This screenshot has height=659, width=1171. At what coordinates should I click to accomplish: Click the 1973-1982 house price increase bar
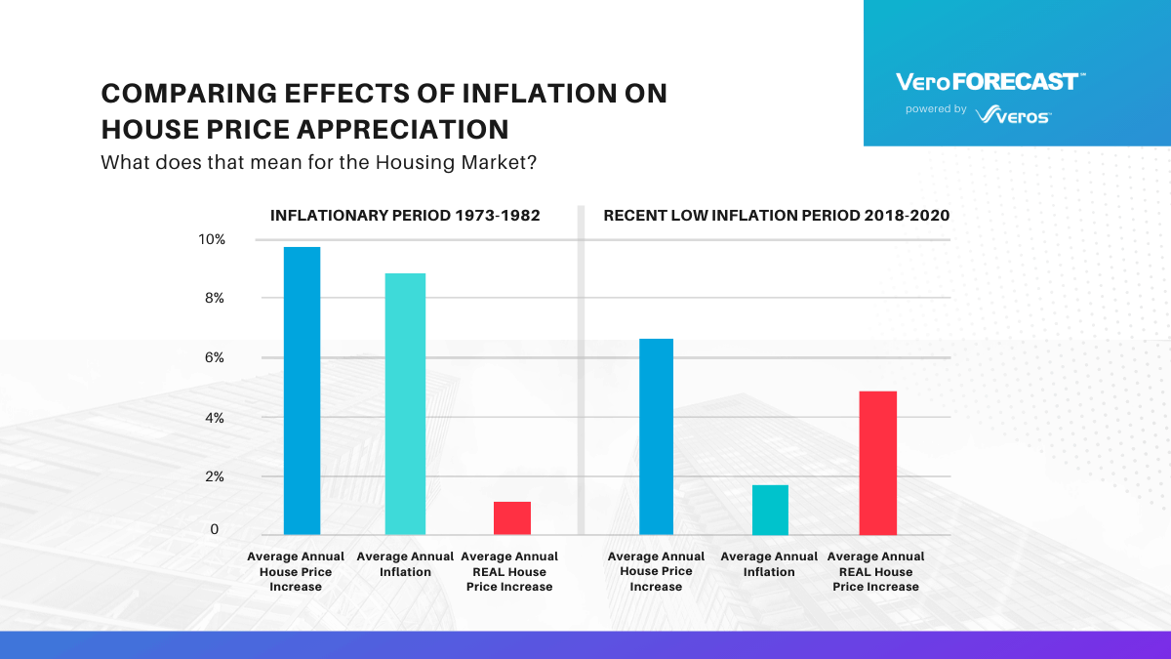click(x=302, y=391)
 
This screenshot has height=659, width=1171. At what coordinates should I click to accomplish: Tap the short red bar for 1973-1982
click(x=511, y=517)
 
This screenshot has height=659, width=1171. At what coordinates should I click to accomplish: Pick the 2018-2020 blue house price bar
click(x=655, y=436)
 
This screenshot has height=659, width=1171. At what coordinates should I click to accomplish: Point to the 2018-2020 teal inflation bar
click(x=769, y=510)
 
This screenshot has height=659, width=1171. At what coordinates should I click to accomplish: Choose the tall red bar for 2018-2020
click(x=877, y=463)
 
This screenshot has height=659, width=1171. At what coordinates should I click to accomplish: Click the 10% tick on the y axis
click(x=212, y=239)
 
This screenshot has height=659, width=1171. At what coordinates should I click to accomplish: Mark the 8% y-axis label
click(x=214, y=299)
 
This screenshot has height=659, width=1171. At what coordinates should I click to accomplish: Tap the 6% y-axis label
click(x=214, y=358)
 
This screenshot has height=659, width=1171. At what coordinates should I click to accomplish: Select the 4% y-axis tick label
click(x=214, y=418)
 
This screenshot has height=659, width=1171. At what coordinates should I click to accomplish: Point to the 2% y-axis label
click(x=214, y=477)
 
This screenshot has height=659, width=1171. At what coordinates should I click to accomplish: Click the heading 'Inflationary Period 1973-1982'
click(x=405, y=215)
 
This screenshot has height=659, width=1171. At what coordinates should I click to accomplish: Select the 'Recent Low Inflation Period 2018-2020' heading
click(x=776, y=215)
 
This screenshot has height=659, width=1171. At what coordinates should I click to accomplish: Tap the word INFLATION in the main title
click(x=531, y=94)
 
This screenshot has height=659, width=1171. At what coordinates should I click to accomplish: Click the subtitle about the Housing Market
click(x=318, y=162)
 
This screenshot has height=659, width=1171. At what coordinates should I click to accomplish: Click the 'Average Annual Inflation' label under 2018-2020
click(x=769, y=564)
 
